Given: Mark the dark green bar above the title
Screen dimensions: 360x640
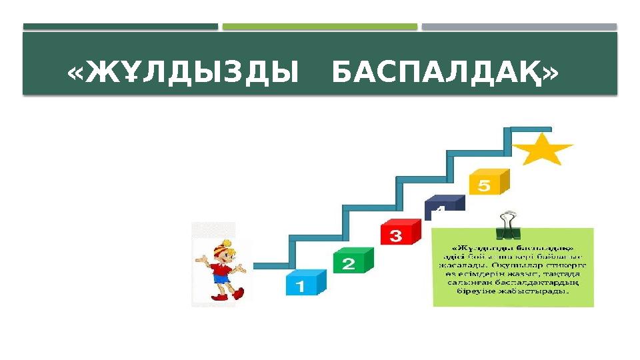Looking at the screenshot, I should coord(121,27).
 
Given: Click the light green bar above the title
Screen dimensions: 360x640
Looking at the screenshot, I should coord(320,27).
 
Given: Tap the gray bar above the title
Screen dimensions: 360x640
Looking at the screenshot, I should coord(519,27).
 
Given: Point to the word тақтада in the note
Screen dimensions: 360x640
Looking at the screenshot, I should coord(564,273).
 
